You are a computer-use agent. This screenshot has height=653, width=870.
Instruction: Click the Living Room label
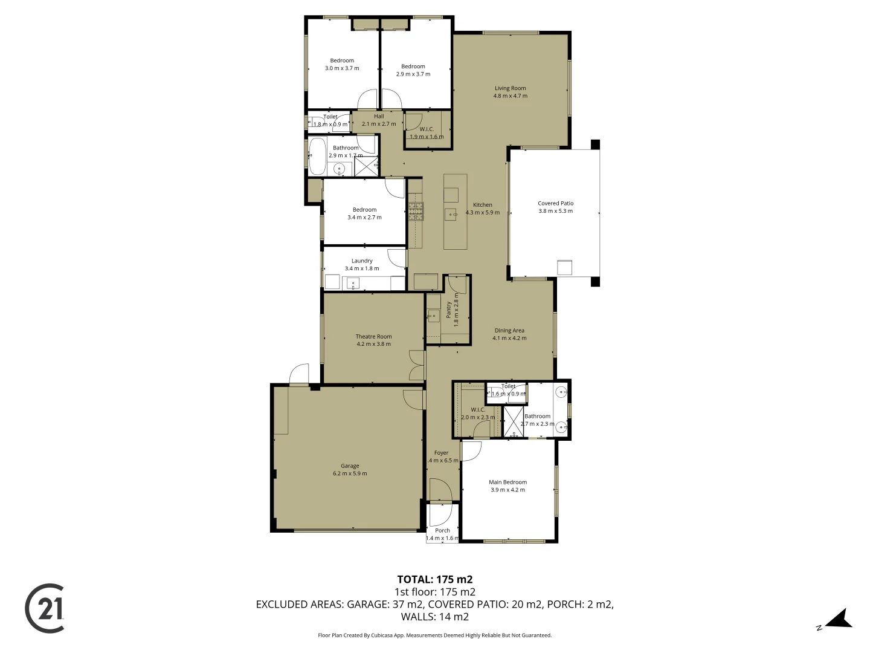pyautogui.click(x=510, y=88)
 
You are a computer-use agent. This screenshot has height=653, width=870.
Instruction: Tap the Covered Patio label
pyautogui.click(x=555, y=204)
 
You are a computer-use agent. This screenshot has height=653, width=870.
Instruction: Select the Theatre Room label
pyautogui.click(x=373, y=337)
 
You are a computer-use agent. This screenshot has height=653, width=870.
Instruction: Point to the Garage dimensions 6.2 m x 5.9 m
pyautogui.click(x=350, y=473)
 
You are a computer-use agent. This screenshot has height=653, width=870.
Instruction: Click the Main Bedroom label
pyautogui.click(x=507, y=482)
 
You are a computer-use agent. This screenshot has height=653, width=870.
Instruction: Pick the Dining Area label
pyautogui.click(x=509, y=331)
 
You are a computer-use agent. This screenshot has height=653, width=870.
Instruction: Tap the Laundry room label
pyautogui.click(x=362, y=261)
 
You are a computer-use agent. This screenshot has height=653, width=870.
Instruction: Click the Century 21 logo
pyautogui.click(x=45, y=608)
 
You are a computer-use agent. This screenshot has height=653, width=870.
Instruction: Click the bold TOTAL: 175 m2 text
pyautogui.click(x=434, y=579)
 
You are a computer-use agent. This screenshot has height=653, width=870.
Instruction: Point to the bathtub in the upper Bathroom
pyautogui.click(x=317, y=156)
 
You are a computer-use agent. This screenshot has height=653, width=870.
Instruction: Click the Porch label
pyautogui.click(x=442, y=531)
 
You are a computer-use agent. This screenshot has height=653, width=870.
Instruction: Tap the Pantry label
pyautogui.click(x=449, y=310)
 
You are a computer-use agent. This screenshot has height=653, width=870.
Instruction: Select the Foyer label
pyautogui.click(x=441, y=453)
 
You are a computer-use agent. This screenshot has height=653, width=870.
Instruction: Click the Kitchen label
pyautogui.click(x=482, y=205)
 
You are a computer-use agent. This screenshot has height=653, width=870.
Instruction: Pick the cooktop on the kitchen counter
pyautogui.click(x=416, y=210)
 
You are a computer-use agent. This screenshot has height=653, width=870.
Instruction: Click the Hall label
pyautogui.click(x=379, y=117)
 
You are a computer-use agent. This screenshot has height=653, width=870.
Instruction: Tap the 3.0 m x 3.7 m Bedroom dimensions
pyautogui.click(x=342, y=68)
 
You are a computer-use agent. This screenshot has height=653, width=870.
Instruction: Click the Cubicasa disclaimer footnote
pyautogui.click(x=434, y=635)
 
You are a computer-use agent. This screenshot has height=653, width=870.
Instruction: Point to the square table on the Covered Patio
pyautogui.click(x=564, y=267)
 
